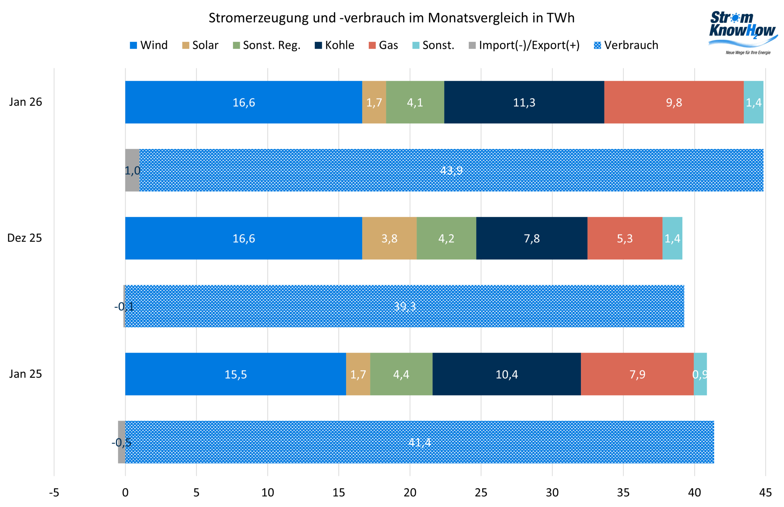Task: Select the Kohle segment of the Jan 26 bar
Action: click(524, 102)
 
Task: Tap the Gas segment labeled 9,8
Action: click(673, 102)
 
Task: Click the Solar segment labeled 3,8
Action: click(389, 238)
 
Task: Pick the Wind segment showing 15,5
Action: click(235, 374)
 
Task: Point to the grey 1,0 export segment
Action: click(132, 170)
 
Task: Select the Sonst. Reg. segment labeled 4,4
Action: click(401, 374)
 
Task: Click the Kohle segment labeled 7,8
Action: click(531, 238)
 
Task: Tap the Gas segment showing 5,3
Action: click(624, 238)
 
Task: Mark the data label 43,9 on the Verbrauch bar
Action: click(451, 171)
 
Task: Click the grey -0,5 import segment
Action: click(122, 442)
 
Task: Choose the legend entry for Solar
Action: click(200, 45)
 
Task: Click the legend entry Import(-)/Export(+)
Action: click(524, 45)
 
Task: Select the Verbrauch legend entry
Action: click(625, 45)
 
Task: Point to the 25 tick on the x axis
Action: click(481, 493)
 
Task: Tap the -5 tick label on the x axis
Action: click(54, 493)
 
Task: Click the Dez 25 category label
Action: click(25, 238)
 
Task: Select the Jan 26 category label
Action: click(25, 102)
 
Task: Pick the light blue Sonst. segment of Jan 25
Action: click(700, 374)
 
